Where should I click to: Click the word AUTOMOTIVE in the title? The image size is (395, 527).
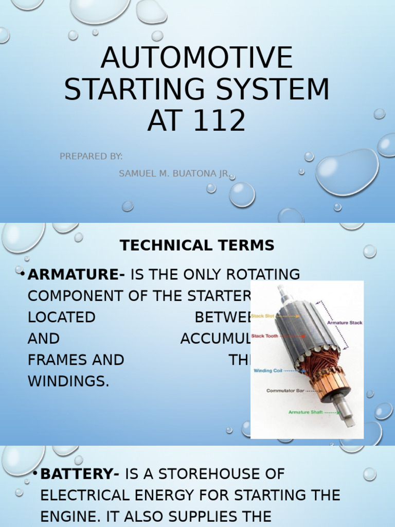[x=197, y=58]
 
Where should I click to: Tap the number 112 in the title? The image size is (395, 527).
[x=223, y=121]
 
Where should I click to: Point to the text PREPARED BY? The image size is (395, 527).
[x=91, y=156]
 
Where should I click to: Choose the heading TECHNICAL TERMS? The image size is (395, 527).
[x=197, y=246]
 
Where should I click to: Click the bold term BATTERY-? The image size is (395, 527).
[x=80, y=473]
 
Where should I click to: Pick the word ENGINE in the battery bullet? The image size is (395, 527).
[x=65, y=516]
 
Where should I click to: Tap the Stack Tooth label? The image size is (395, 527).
[x=264, y=336]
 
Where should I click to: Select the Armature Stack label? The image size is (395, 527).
[x=345, y=323]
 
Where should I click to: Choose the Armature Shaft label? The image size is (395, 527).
[x=306, y=412]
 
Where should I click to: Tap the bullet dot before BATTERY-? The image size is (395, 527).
[x=35, y=473]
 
